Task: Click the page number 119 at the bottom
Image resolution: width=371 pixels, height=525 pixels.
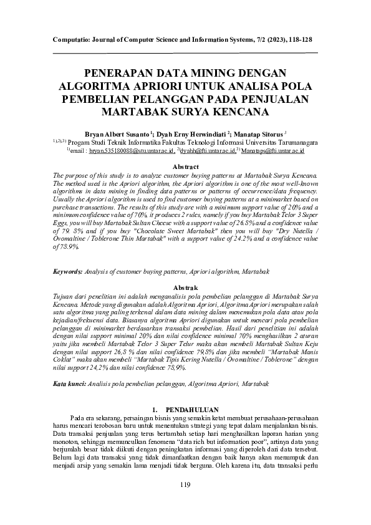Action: [185, 485]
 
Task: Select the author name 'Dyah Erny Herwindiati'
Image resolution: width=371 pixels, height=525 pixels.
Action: [193, 133]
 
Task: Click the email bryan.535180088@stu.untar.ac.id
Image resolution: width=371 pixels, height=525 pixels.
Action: [131, 151]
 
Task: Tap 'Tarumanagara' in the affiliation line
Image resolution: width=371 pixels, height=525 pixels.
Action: [291, 142]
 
